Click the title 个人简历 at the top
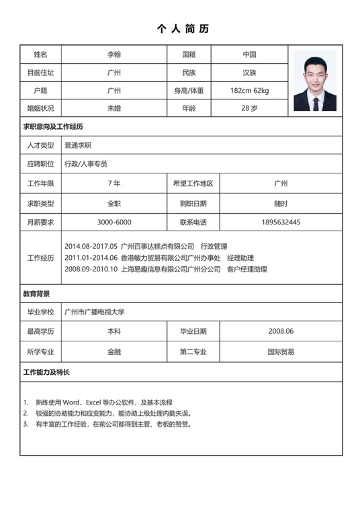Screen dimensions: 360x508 183,29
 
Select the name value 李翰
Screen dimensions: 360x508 114,54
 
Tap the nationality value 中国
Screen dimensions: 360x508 249,54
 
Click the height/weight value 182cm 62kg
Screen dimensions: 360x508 249,90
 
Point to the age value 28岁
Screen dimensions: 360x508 249,108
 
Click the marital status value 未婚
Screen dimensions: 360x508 114,108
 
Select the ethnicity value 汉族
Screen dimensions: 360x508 249,73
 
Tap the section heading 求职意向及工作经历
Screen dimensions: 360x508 53,126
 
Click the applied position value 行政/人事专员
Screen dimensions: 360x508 85,163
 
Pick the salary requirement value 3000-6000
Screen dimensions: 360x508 114,222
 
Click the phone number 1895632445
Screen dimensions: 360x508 281,222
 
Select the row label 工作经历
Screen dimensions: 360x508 40,258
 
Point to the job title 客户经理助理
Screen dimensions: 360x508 246,269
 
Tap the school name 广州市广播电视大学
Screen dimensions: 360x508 95,312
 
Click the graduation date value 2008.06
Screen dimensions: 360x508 281,331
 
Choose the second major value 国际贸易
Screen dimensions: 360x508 281,351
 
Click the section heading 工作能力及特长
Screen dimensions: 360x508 46,372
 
